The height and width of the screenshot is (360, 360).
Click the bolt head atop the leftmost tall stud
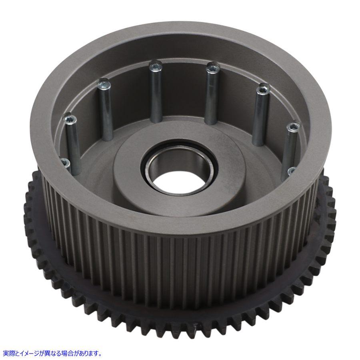(x=70, y=119)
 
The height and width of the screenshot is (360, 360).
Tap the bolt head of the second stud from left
(x=104, y=85)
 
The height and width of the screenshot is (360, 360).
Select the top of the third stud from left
(x=155, y=67)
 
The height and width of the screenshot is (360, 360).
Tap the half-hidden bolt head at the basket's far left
(x=66, y=163)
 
